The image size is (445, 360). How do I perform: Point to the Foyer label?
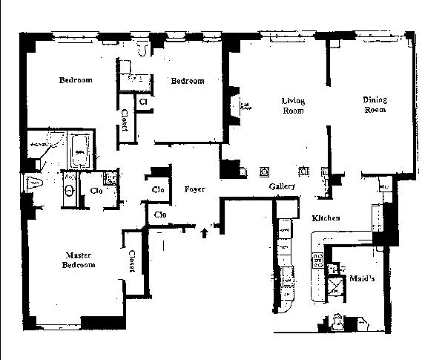pos(195,189)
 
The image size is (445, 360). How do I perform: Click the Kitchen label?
pos(326,218)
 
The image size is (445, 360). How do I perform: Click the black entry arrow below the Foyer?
pos(205,235)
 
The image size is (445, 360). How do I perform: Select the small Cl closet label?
pos(142,99)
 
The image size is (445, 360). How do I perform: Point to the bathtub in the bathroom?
pos(79,151)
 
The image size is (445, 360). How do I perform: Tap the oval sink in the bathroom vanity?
pos(69,191)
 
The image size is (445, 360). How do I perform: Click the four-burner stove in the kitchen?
pos(318,261)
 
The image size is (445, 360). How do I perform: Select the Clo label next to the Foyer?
pos(158,189)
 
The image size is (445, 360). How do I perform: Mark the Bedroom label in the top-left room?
pos(76,80)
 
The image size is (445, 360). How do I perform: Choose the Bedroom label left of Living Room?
pos(187,81)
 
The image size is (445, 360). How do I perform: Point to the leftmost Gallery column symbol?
pos(264,172)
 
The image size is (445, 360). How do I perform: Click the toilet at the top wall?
pos(145,47)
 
